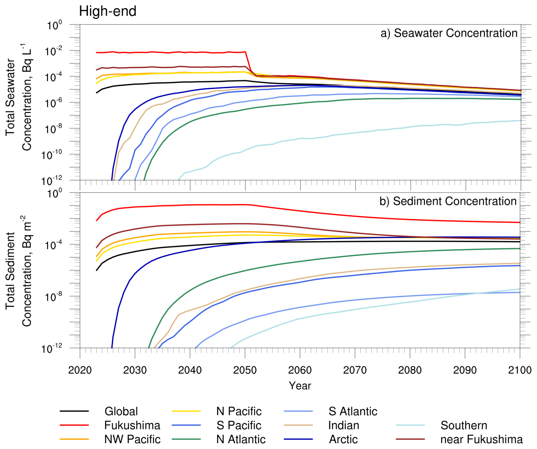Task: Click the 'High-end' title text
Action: (x=108, y=12)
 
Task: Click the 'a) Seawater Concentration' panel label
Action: (x=449, y=33)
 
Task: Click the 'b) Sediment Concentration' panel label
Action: (x=448, y=201)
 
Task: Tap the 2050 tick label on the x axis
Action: (x=245, y=370)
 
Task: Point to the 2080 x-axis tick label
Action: (x=410, y=370)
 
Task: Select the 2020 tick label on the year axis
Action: (x=80, y=370)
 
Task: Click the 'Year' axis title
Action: (x=300, y=386)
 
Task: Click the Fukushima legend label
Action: (x=132, y=425)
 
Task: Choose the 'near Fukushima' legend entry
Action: (x=481, y=439)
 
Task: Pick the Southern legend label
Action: (x=463, y=425)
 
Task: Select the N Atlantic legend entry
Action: (x=241, y=439)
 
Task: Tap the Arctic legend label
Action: (x=343, y=439)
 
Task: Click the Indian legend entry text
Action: (x=343, y=425)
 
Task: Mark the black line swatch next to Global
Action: (x=74, y=411)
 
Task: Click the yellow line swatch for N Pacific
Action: (x=186, y=411)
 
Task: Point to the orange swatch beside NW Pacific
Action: (x=74, y=439)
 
